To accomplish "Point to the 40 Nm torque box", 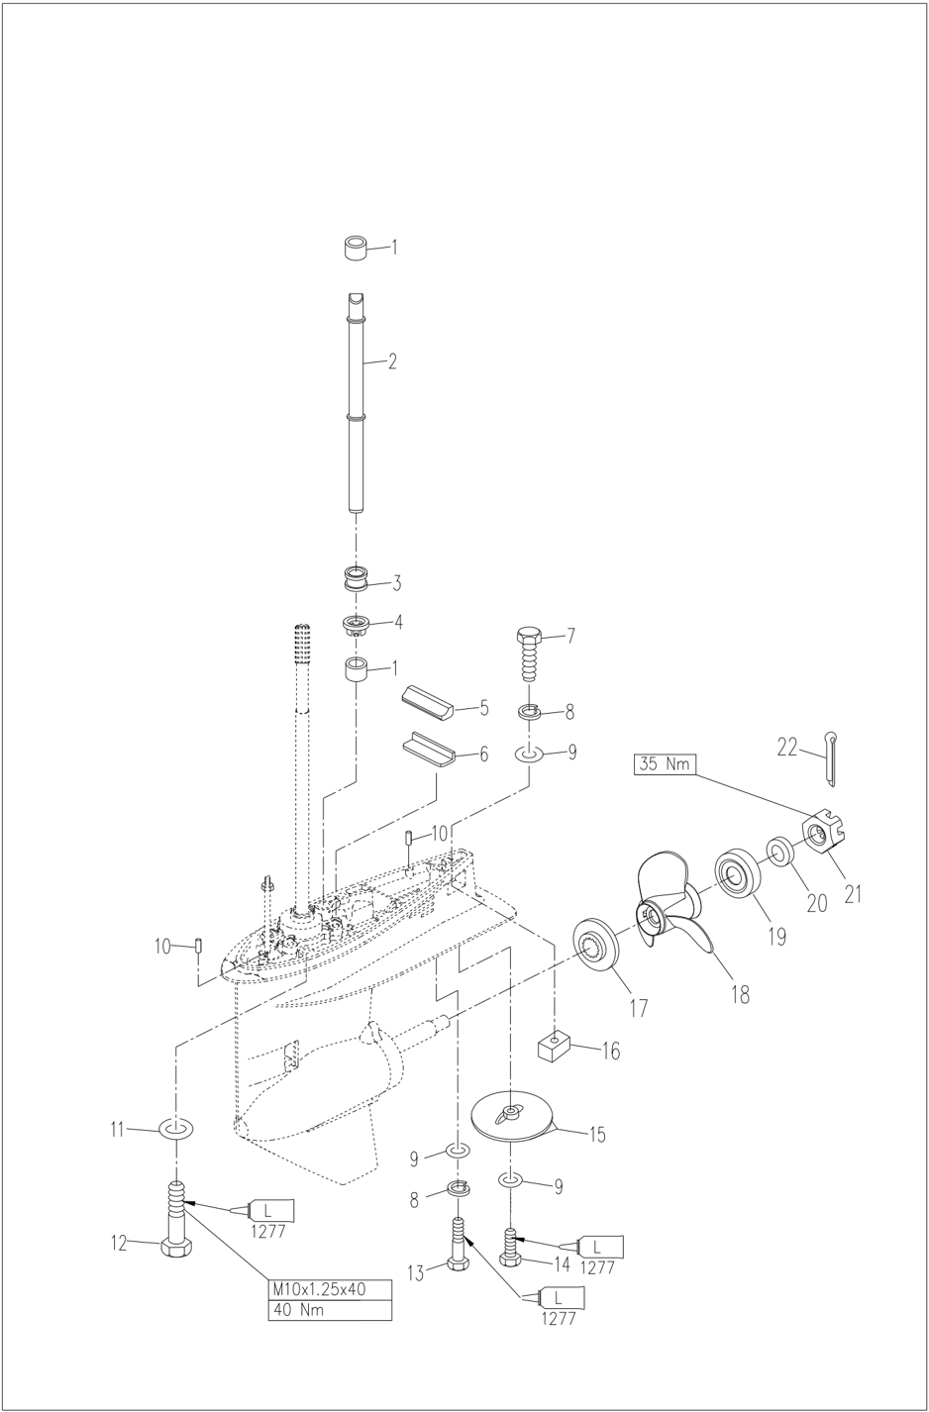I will (330, 1310).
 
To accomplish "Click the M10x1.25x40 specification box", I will (330, 1289).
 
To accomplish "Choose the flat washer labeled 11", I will (176, 1129).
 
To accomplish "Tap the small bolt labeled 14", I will (510, 1245).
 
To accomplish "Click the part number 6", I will (482, 755).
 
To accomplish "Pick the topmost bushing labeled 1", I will (358, 248).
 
